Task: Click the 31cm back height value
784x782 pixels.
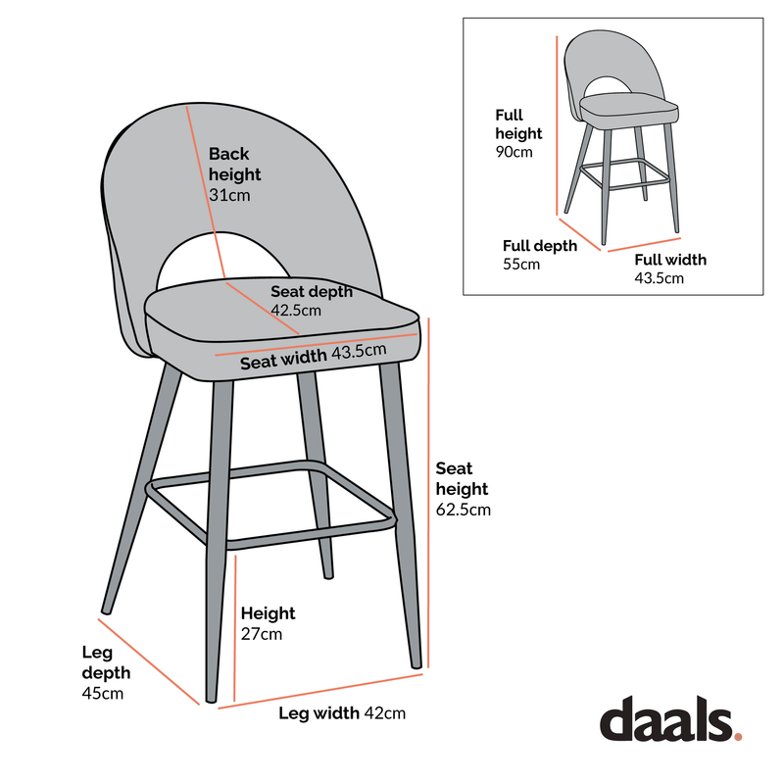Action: pyautogui.click(x=229, y=195)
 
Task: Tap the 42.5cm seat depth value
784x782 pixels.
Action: pyautogui.click(x=296, y=311)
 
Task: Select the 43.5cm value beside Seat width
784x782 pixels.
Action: pyautogui.click(x=360, y=352)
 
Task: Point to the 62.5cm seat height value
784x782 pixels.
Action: pyautogui.click(x=463, y=510)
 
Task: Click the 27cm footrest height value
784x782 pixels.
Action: pyautogui.click(x=262, y=634)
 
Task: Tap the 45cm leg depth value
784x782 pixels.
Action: pyautogui.click(x=102, y=694)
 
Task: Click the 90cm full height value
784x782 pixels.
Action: pyautogui.click(x=514, y=152)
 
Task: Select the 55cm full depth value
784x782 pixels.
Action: pyautogui.click(x=521, y=265)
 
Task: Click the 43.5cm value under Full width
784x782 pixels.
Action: pyautogui.click(x=659, y=278)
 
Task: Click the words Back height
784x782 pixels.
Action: pyautogui.click(x=234, y=164)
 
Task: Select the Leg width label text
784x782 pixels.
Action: pyautogui.click(x=318, y=713)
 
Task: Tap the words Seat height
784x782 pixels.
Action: pyautogui.click(x=462, y=478)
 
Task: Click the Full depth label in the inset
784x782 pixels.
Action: pyautogui.click(x=540, y=246)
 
